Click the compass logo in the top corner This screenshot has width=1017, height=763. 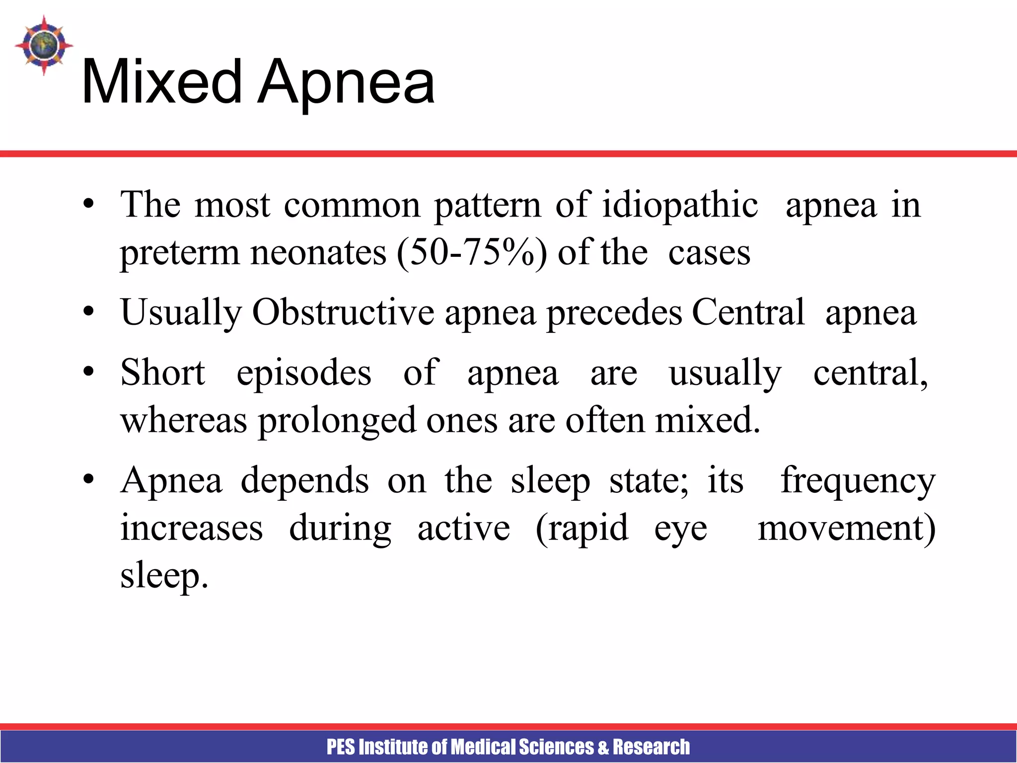44,45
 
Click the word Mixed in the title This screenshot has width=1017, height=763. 161,82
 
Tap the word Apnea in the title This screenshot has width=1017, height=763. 347,82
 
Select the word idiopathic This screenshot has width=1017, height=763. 680,205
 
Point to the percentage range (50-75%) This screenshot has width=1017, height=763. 472,253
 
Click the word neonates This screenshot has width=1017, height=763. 318,253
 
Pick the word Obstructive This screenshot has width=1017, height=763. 343,312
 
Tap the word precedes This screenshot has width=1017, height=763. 614,312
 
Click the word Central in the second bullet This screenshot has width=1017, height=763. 748,312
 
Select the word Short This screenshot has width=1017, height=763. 162,373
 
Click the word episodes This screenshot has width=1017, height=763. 303,373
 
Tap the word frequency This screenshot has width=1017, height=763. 858,480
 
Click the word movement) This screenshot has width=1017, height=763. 846,528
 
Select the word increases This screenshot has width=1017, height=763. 192,528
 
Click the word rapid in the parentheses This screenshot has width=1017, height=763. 582,528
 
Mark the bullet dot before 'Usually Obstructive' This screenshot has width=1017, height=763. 88,312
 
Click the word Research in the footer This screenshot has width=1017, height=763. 651,747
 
